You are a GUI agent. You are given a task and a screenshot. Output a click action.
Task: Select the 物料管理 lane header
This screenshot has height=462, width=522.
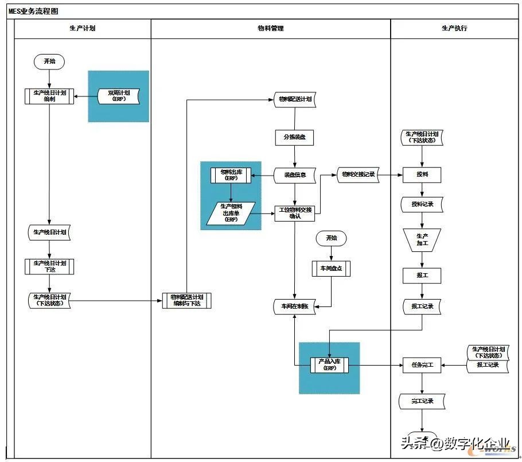(x=270, y=28)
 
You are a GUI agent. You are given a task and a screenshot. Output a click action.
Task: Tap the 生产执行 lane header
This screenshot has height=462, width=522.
(x=454, y=28)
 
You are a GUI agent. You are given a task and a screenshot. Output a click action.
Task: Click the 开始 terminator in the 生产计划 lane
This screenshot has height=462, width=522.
(x=49, y=61)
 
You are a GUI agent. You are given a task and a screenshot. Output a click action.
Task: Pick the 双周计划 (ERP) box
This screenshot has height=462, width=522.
(x=119, y=96)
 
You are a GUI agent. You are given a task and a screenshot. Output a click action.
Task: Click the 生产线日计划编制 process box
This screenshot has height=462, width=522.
(x=49, y=96)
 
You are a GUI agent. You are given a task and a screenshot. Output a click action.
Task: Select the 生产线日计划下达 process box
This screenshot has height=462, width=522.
(x=49, y=266)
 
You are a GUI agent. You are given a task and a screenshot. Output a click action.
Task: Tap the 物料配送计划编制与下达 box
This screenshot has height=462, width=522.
(x=186, y=300)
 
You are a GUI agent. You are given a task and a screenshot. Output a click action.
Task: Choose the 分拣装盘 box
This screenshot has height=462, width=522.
(x=294, y=138)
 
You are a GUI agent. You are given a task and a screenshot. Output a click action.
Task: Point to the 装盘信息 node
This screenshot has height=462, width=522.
(x=295, y=175)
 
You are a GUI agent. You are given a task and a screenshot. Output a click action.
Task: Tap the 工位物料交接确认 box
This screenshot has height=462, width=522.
(x=295, y=213)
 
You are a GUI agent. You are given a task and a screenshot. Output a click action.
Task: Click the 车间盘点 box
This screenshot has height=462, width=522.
(x=331, y=268)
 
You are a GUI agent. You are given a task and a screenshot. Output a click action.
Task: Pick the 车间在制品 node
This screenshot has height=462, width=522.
(x=295, y=306)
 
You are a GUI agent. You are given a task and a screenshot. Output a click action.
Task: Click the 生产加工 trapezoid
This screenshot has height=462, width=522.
(x=422, y=239)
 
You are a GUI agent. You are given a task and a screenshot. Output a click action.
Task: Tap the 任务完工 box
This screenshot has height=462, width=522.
(x=422, y=364)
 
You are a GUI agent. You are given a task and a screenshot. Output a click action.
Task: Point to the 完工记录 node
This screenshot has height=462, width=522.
(x=422, y=401)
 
